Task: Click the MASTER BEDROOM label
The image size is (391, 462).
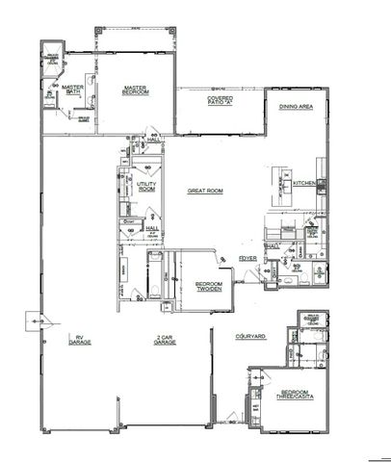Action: pyautogui.click(x=134, y=90)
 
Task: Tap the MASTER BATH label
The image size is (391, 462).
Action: pyautogui.click(x=73, y=90)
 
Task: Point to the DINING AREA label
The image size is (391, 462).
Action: pyautogui.click(x=295, y=107)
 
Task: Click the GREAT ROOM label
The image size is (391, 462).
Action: pyautogui.click(x=205, y=192)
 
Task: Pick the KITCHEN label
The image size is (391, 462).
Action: pyautogui.click(x=305, y=183)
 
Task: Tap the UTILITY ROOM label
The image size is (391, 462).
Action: pyautogui.click(x=147, y=185)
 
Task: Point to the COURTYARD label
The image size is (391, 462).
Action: pyautogui.click(x=250, y=337)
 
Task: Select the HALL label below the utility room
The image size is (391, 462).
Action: pyautogui.click(x=151, y=229)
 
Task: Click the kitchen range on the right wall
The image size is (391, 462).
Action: pyautogui.click(x=324, y=184)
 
